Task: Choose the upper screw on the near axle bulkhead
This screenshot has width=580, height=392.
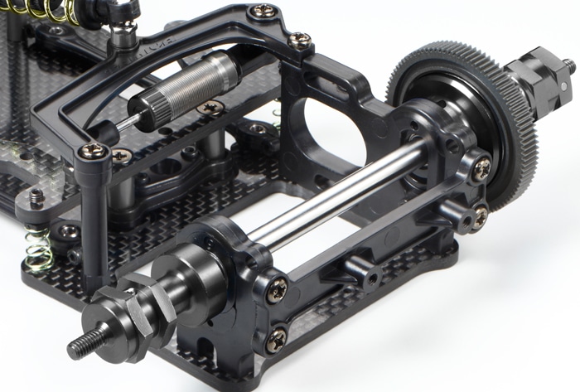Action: coord(277,289)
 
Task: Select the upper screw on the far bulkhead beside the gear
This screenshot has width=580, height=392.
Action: coord(481,167)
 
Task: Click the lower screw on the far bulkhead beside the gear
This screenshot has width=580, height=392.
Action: coord(480,216)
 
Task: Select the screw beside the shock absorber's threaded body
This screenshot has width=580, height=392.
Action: coord(210,107)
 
